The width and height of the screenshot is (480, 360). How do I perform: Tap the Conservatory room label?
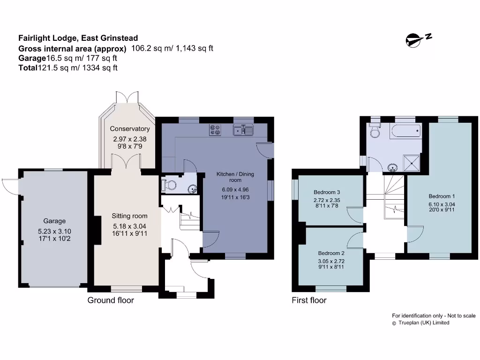point(130,129)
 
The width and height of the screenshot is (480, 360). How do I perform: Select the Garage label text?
point(55,221)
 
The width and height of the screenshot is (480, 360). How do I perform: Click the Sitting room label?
point(129,216)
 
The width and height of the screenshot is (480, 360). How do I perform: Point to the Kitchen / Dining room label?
point(235,177)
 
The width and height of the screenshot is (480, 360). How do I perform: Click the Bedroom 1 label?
point(442,196)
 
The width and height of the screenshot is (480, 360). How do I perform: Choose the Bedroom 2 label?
point(331,253)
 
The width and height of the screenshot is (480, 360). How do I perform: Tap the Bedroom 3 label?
point(327,192)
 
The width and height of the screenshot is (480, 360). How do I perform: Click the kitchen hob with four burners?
point(215,129)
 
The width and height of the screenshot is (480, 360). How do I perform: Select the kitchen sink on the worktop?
point(244,130)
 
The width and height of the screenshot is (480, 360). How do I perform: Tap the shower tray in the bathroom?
point(412,163)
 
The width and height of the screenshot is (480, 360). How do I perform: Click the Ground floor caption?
point(111,300)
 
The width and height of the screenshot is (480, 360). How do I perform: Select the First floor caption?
point(309,300)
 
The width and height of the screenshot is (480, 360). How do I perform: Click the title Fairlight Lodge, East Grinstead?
point(78,38)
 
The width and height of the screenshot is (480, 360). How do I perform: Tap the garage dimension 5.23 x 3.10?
point(55,231)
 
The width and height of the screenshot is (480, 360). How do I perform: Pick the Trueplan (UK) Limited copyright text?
point(424,322)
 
